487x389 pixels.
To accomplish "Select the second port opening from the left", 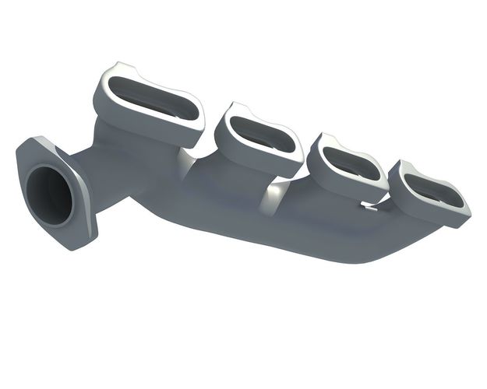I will (x=260, y=135).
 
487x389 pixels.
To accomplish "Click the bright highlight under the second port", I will (x=273, y=191).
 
